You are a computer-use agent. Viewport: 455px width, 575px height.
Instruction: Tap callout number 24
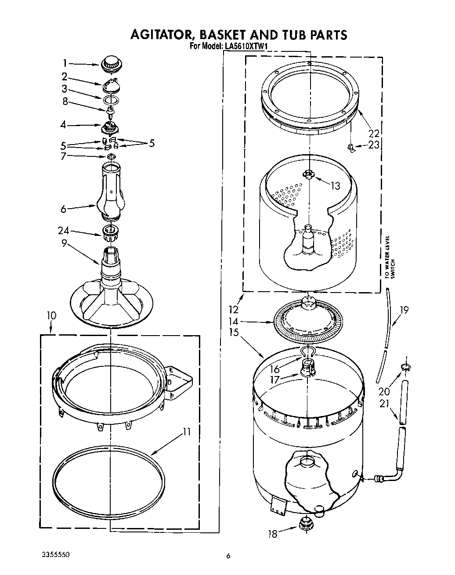click(63, 231)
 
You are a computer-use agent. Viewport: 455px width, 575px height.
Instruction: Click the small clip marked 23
click(350, 148)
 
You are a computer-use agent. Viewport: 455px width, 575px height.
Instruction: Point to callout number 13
click(335, 186)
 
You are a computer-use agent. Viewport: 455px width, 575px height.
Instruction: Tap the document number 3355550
click(52, 556)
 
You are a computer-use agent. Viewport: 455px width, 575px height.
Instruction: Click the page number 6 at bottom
click(228, 556)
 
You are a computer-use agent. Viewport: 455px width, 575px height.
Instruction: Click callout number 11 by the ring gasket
click(187, 432)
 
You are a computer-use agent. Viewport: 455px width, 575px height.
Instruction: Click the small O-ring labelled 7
click(112, 156)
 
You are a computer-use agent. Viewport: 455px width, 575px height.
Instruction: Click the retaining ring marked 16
click(307, 351)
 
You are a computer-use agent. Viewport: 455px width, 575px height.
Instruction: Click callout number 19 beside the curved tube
click(404, 310)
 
